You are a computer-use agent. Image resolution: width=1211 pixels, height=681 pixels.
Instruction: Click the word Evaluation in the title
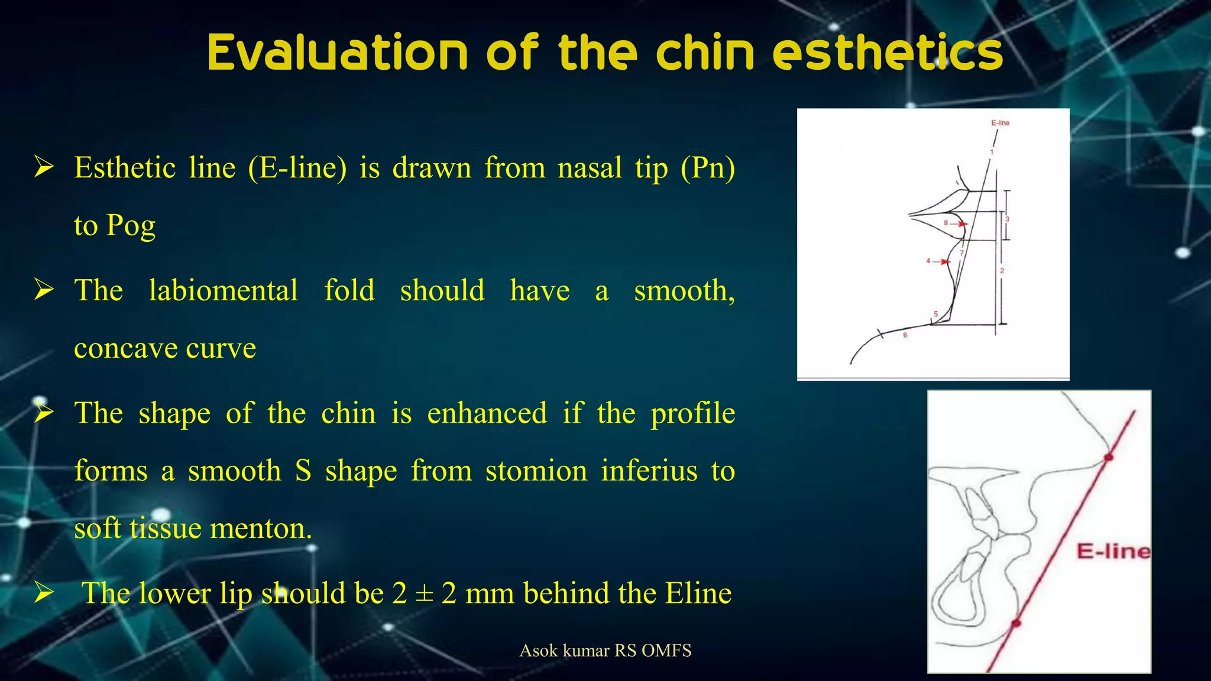338,53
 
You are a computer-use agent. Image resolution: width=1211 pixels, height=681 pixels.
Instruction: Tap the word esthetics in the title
888,53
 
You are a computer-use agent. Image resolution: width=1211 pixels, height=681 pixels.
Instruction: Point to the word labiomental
223,291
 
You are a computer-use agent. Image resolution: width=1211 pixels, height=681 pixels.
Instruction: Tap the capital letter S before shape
303,471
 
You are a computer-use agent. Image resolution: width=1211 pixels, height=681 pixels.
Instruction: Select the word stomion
536,471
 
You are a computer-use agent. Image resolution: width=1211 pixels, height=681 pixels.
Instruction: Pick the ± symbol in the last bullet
424,593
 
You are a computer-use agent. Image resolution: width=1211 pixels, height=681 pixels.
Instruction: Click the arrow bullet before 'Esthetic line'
44,168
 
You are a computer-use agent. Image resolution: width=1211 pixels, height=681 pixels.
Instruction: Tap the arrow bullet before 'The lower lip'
44,592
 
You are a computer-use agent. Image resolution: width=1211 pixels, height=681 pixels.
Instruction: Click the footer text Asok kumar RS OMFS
605,651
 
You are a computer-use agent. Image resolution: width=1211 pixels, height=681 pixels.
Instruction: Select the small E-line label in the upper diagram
1000,123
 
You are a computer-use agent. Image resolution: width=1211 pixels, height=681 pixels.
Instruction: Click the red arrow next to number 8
961,224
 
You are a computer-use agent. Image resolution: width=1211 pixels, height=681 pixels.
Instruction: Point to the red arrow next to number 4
944,261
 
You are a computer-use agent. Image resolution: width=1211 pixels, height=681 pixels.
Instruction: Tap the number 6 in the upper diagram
905,335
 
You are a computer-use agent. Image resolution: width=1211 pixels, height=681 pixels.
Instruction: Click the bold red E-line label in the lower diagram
1113,552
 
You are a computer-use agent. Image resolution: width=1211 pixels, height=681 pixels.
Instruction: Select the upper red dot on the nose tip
1108,458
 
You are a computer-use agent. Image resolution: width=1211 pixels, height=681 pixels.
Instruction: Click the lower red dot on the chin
1016,623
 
